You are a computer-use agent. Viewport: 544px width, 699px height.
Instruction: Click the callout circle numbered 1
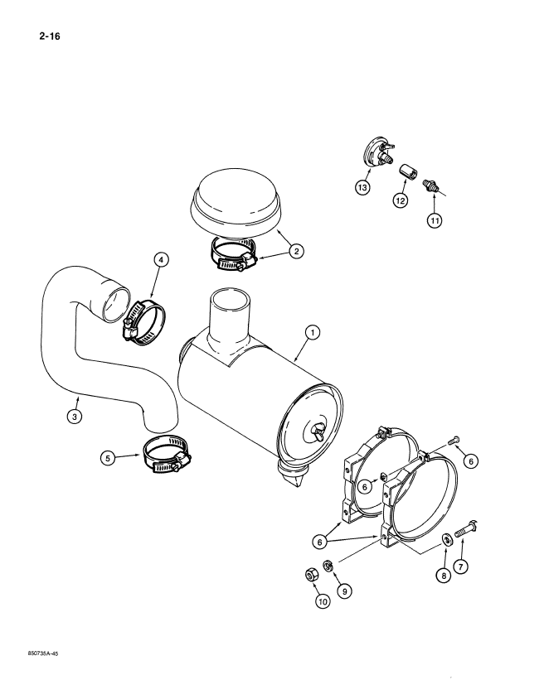coord(312,333)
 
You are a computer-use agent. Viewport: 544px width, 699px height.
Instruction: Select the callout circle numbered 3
coord(75,417)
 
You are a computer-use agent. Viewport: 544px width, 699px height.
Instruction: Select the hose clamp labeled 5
coord(168,456)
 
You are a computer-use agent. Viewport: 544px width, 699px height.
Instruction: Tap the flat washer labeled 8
coord(445,540)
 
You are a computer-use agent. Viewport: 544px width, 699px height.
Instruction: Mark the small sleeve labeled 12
coord(407,172)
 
